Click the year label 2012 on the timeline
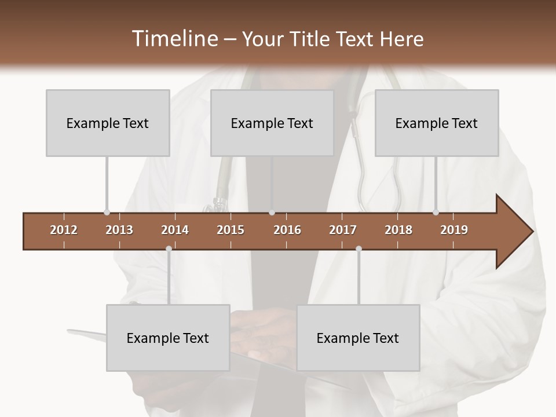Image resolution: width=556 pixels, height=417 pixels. pos(64,230)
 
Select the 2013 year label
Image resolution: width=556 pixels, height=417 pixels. pos(119,230)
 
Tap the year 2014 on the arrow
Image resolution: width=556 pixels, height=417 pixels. pos(175,230)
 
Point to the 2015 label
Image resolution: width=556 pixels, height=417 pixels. pos(231,230)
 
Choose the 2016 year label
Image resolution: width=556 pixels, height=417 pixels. pos(287,230)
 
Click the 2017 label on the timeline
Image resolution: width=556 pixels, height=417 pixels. pos(343,230)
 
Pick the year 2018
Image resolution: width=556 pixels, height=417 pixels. pos(398,230)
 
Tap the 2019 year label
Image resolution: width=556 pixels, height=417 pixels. pos(454,230)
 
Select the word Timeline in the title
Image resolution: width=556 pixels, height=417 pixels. pos(174,39)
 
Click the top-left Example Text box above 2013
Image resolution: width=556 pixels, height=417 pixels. pos(108,123)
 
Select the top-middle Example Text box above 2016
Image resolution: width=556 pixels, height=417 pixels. pos(272,123)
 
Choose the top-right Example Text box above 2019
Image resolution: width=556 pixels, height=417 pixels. pos(437,123)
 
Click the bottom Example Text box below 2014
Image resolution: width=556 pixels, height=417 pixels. pos(168,338)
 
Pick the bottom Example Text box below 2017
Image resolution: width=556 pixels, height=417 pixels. pos(358,338)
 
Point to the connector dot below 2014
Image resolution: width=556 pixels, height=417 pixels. pos(169,248)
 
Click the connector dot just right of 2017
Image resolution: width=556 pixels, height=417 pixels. pos(359,248)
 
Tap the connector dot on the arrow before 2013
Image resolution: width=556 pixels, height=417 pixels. pos(107,213)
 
